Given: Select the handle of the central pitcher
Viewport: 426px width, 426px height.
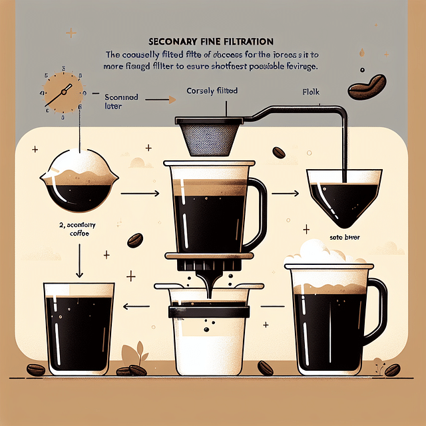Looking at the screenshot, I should [258, 206].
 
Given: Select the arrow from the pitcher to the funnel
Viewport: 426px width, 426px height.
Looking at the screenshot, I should [284, 194].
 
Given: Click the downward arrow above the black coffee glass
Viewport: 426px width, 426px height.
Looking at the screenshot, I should [79, 260].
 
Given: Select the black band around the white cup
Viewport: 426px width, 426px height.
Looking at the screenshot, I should [210, 311].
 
